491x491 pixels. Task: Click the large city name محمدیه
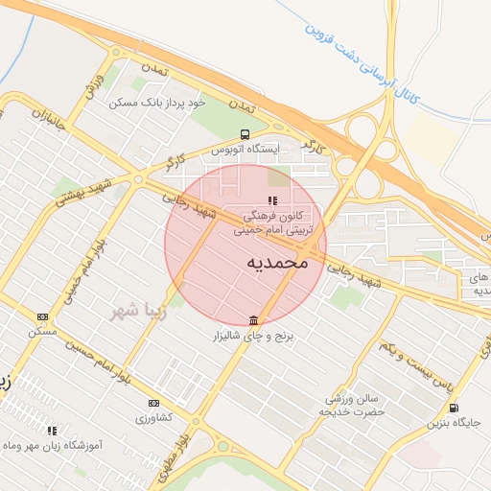pos(277,261)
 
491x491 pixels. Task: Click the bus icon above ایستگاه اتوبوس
pos(245,134)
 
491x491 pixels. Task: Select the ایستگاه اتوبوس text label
pos(245,150)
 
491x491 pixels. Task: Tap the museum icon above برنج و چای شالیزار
pos(253,320)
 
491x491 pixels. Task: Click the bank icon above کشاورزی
pos(153,404)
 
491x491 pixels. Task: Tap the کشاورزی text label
pos(153,419)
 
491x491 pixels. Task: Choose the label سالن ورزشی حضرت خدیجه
pos(355,405)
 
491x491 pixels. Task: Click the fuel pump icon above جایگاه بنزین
pos(453,408)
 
